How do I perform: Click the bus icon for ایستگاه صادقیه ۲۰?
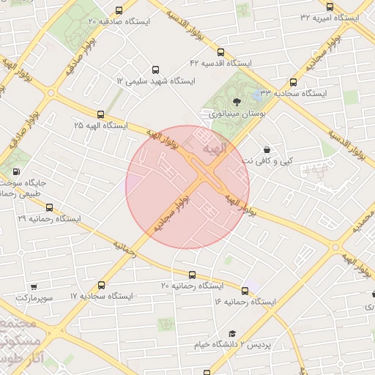pos(119,10)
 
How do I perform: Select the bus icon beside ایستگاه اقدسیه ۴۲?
pos(220,52)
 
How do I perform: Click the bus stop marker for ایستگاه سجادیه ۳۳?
pos(293,83)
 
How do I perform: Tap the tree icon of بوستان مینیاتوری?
pos(236,102)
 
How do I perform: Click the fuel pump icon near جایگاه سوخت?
pos(16,173)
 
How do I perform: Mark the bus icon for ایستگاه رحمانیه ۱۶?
pos(245,290)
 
